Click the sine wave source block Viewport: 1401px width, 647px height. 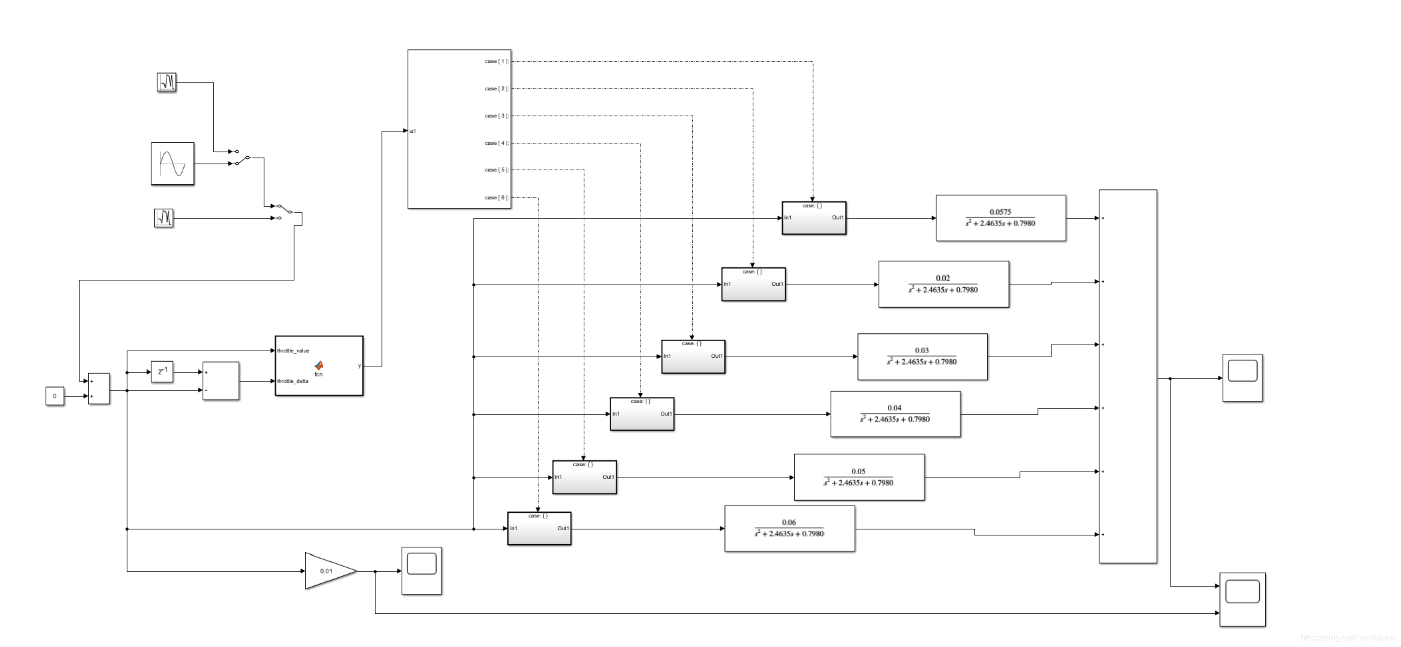coord(173,164)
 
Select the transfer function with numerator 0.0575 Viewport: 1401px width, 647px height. coord(1001,218)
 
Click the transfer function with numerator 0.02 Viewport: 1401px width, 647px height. coord(944,284)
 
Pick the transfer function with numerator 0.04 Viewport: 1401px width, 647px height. coord(895,414)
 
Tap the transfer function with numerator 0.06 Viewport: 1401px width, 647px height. coord(790,528)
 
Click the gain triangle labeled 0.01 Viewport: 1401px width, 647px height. coord(326,571)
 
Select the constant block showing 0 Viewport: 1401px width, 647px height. coord(55,396)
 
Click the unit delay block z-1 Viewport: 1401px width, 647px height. coord(162,372)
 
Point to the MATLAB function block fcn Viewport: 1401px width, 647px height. coord(319,366)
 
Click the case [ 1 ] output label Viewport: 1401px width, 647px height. coord(496,61)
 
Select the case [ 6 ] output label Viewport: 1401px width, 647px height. coord(496,198)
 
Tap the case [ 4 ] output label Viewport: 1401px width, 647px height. coord(496,143)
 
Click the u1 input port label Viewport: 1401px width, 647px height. coord(414,131)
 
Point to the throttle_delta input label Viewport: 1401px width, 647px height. coord(293,381)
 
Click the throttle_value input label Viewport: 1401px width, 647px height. coord(293,351)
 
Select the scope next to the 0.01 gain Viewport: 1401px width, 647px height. coord(422,571)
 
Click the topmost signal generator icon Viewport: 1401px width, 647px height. coord(167,82)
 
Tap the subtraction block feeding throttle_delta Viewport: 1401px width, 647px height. coord(221,381)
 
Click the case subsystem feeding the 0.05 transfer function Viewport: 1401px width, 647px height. coord(585,478)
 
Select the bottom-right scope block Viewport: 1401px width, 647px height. coord(1242,599)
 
